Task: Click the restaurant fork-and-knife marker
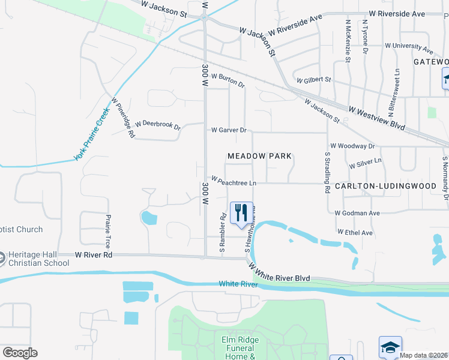[x=241, y=214]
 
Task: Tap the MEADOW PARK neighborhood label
[x=260, y=156]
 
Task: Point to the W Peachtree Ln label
[x=234, y=181]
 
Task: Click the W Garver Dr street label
[x=229, y=130]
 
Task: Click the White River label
[x=238, y=284]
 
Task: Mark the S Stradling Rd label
[x=328, y=172]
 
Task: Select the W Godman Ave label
[x=357, y=213]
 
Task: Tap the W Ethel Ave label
[x=355, y=232]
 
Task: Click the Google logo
[x=20, y=353]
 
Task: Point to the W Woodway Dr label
[x=352, y=146]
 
